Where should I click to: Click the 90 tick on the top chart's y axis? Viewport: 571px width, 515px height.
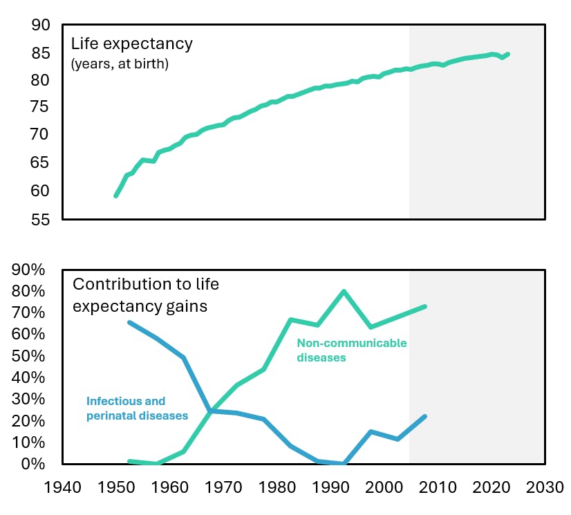tap(41, 26)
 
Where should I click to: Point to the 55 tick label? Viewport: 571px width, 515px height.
tap(41, 219)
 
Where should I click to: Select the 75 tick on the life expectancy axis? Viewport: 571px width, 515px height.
tap(41, 108)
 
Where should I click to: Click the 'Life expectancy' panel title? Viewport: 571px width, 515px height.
tap(132, 44)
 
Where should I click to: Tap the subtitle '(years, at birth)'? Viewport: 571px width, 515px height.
tap(120, 65)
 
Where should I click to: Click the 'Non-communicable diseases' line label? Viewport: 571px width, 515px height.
tap(351, 350)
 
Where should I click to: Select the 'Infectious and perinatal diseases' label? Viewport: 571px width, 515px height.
tap(137, 409)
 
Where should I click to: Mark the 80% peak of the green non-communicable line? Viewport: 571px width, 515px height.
tap(344, 291)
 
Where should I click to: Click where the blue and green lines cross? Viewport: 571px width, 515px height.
tap(210, 411)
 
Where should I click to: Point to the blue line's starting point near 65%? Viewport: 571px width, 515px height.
tap(130, 323)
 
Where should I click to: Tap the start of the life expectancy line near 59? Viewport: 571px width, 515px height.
tap(115, 196)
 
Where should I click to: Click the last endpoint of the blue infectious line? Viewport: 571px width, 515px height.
tap(424, 416)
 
